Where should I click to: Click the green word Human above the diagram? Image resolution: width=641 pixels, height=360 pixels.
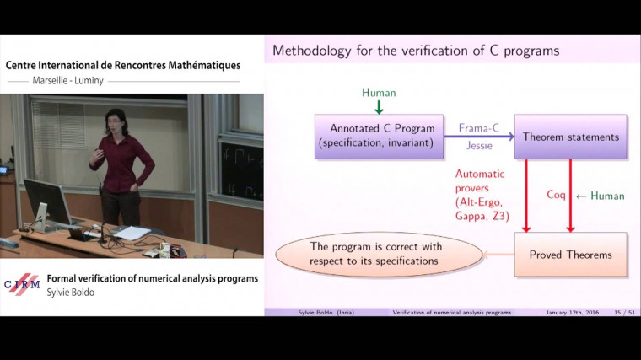(379, 91)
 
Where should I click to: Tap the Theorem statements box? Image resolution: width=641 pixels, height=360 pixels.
(570, 137)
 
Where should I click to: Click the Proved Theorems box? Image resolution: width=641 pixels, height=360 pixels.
(570, 254)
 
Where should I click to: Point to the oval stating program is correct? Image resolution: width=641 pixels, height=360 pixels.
(376, 254)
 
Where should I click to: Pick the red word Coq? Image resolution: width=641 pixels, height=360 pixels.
(556, 195)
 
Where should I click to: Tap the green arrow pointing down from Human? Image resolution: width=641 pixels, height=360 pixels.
(379, 106)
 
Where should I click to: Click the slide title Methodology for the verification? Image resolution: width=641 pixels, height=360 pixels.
(415, 51)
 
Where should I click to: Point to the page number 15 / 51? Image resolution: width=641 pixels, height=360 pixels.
(623, 313)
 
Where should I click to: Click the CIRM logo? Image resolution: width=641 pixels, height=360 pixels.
(22, 283)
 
